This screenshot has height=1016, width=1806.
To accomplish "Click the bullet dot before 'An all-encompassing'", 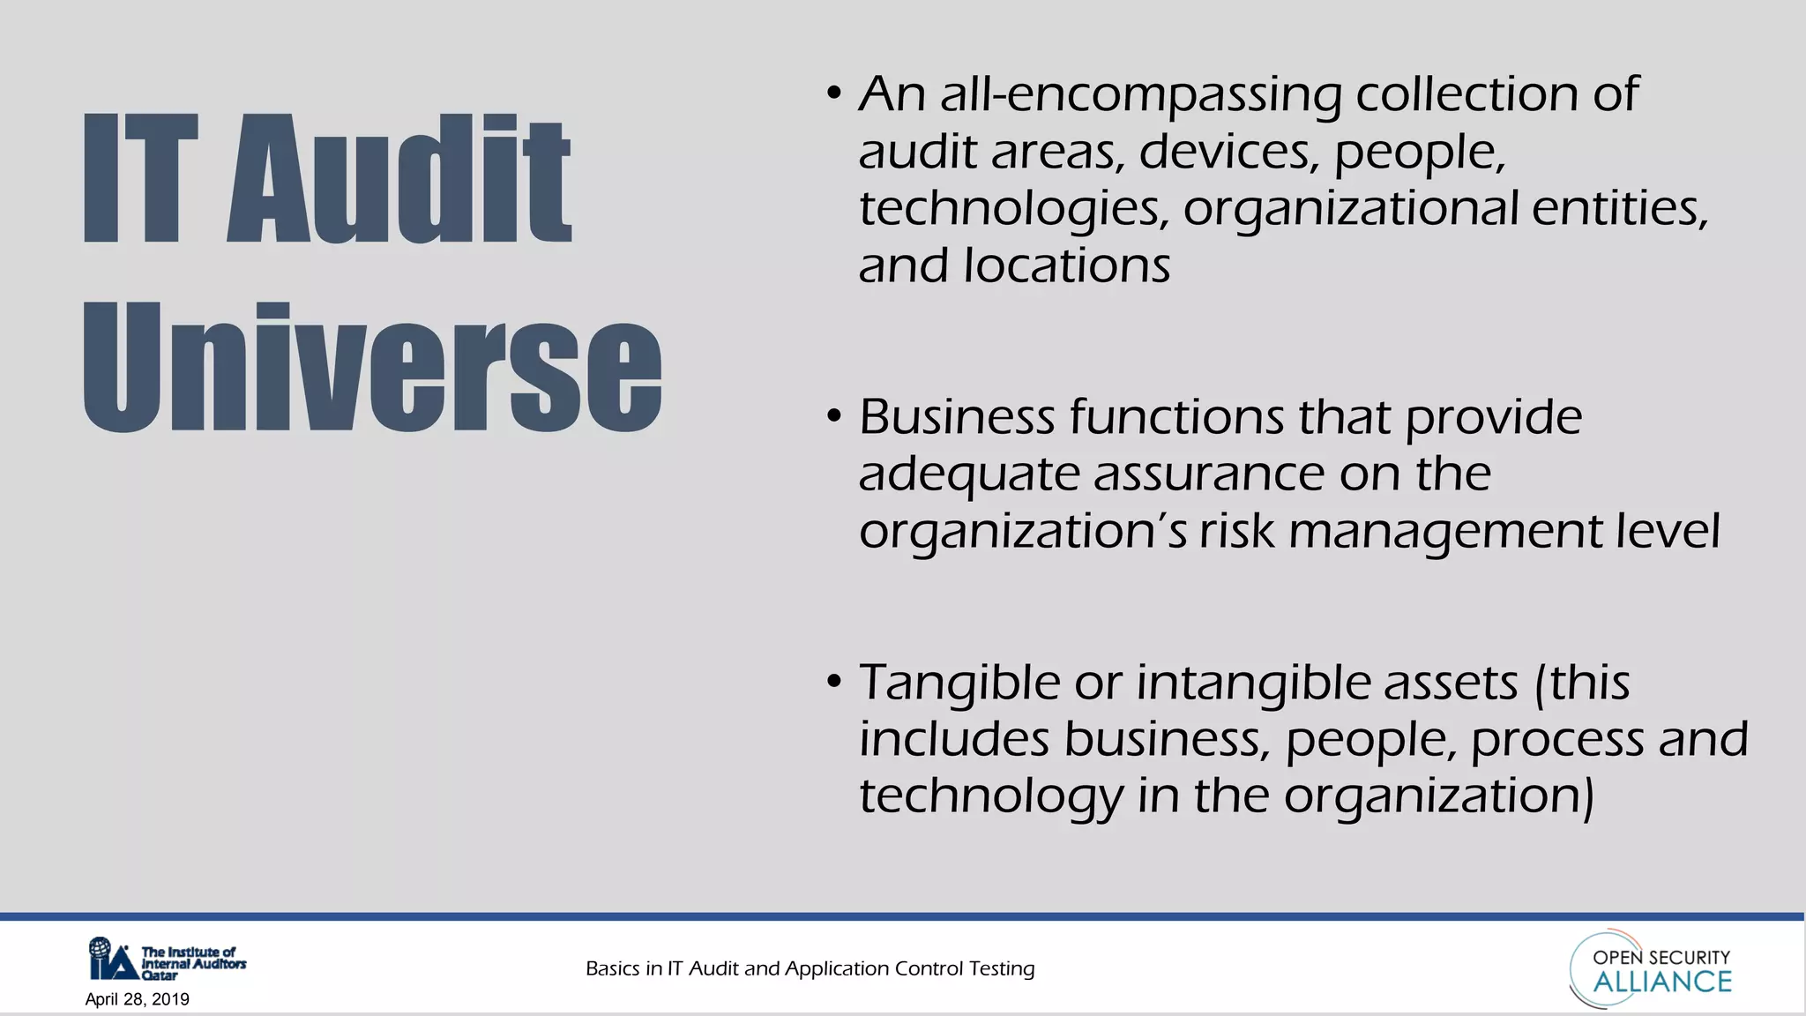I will [834, 93].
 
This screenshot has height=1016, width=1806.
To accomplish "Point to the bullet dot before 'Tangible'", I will [834, 682].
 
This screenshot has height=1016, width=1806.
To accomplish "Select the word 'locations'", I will [1066, 265].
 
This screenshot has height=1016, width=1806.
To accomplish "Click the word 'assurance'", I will [1209, 474].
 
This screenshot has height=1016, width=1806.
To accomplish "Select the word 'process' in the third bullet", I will [1557, 739].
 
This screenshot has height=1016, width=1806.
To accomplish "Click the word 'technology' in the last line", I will [991, 796].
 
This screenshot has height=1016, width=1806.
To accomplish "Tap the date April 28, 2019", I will [138, 999].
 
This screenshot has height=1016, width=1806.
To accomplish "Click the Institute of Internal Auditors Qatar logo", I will [168, 960].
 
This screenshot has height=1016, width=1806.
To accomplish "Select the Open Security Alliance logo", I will [1652, 968].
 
